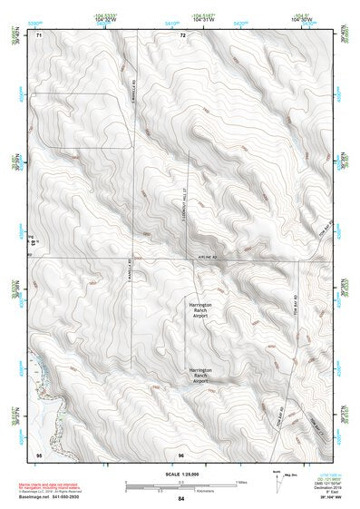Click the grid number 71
point(38,34)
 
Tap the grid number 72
point(182,34)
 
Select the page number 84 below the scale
point(181,500)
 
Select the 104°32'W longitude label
point(104,20)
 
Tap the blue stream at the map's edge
point(37,381)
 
